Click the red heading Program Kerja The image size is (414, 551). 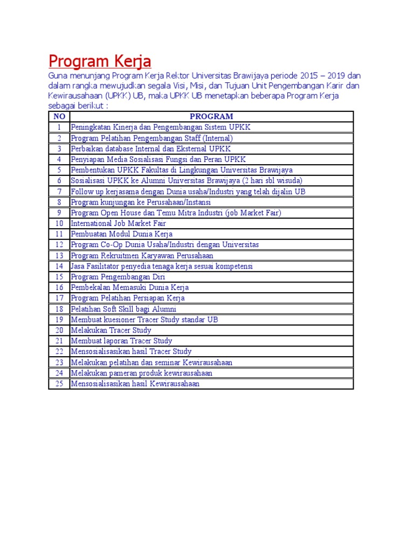(x=100, y=60)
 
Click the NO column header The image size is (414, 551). (x=59, y=116)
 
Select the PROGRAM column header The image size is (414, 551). (x=211, y=116)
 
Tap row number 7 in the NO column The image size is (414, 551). (x=59, y=192)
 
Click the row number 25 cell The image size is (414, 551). (x=59, y=384)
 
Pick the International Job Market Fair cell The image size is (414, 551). (x=119, y=223)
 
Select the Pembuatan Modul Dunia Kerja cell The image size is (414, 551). (x=122, y=234)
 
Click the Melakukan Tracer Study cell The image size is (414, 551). (x=111, y=330)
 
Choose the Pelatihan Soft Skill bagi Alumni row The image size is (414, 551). (x=123, y=309)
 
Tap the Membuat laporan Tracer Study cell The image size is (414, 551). (x=122, y=341)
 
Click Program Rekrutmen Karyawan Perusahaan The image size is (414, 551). (x=142, y=256)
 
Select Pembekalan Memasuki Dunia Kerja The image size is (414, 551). (x=130, y=287)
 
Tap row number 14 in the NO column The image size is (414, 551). (x=59, y=266)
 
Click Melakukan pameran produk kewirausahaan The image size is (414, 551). (x=142, y=373)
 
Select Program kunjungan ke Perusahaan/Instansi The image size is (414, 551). (x=141, y=202)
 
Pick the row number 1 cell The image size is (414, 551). (x=59, y=128)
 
